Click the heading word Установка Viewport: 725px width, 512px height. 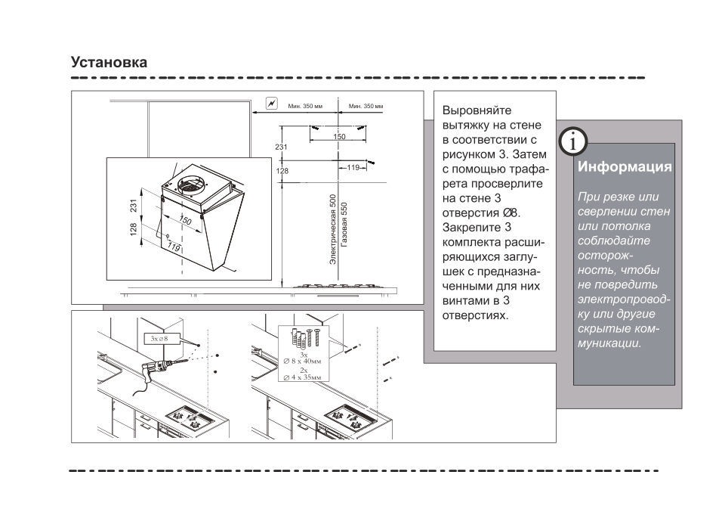(109, 62)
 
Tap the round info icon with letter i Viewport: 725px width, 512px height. (575, 141)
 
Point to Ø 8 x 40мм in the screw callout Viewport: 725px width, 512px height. (303, 362)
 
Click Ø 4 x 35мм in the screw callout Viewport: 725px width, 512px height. (303, 376)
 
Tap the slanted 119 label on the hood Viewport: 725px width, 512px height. (174, 247)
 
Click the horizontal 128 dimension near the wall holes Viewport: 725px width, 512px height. (282, 171)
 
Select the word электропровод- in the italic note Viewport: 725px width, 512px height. (623, 299)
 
